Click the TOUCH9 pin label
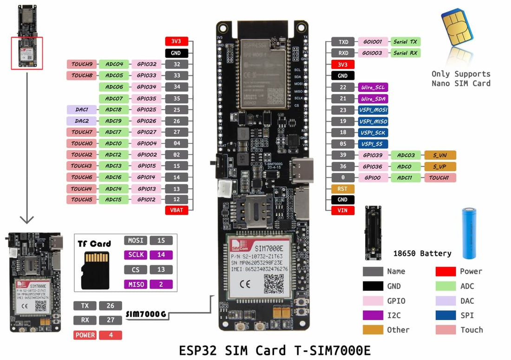(x=82, y=64)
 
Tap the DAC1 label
(x=82, y=110)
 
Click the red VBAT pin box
(x=177, y=210)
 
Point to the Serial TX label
(x=405, y=42)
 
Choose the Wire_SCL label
(x=373, y=87)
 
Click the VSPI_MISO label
(x=373, y=121)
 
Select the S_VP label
(x=439, y=166)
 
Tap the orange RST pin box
(x=342, y=189)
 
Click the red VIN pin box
(x=342, y=211)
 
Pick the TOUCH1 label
(x=439, y=177)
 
